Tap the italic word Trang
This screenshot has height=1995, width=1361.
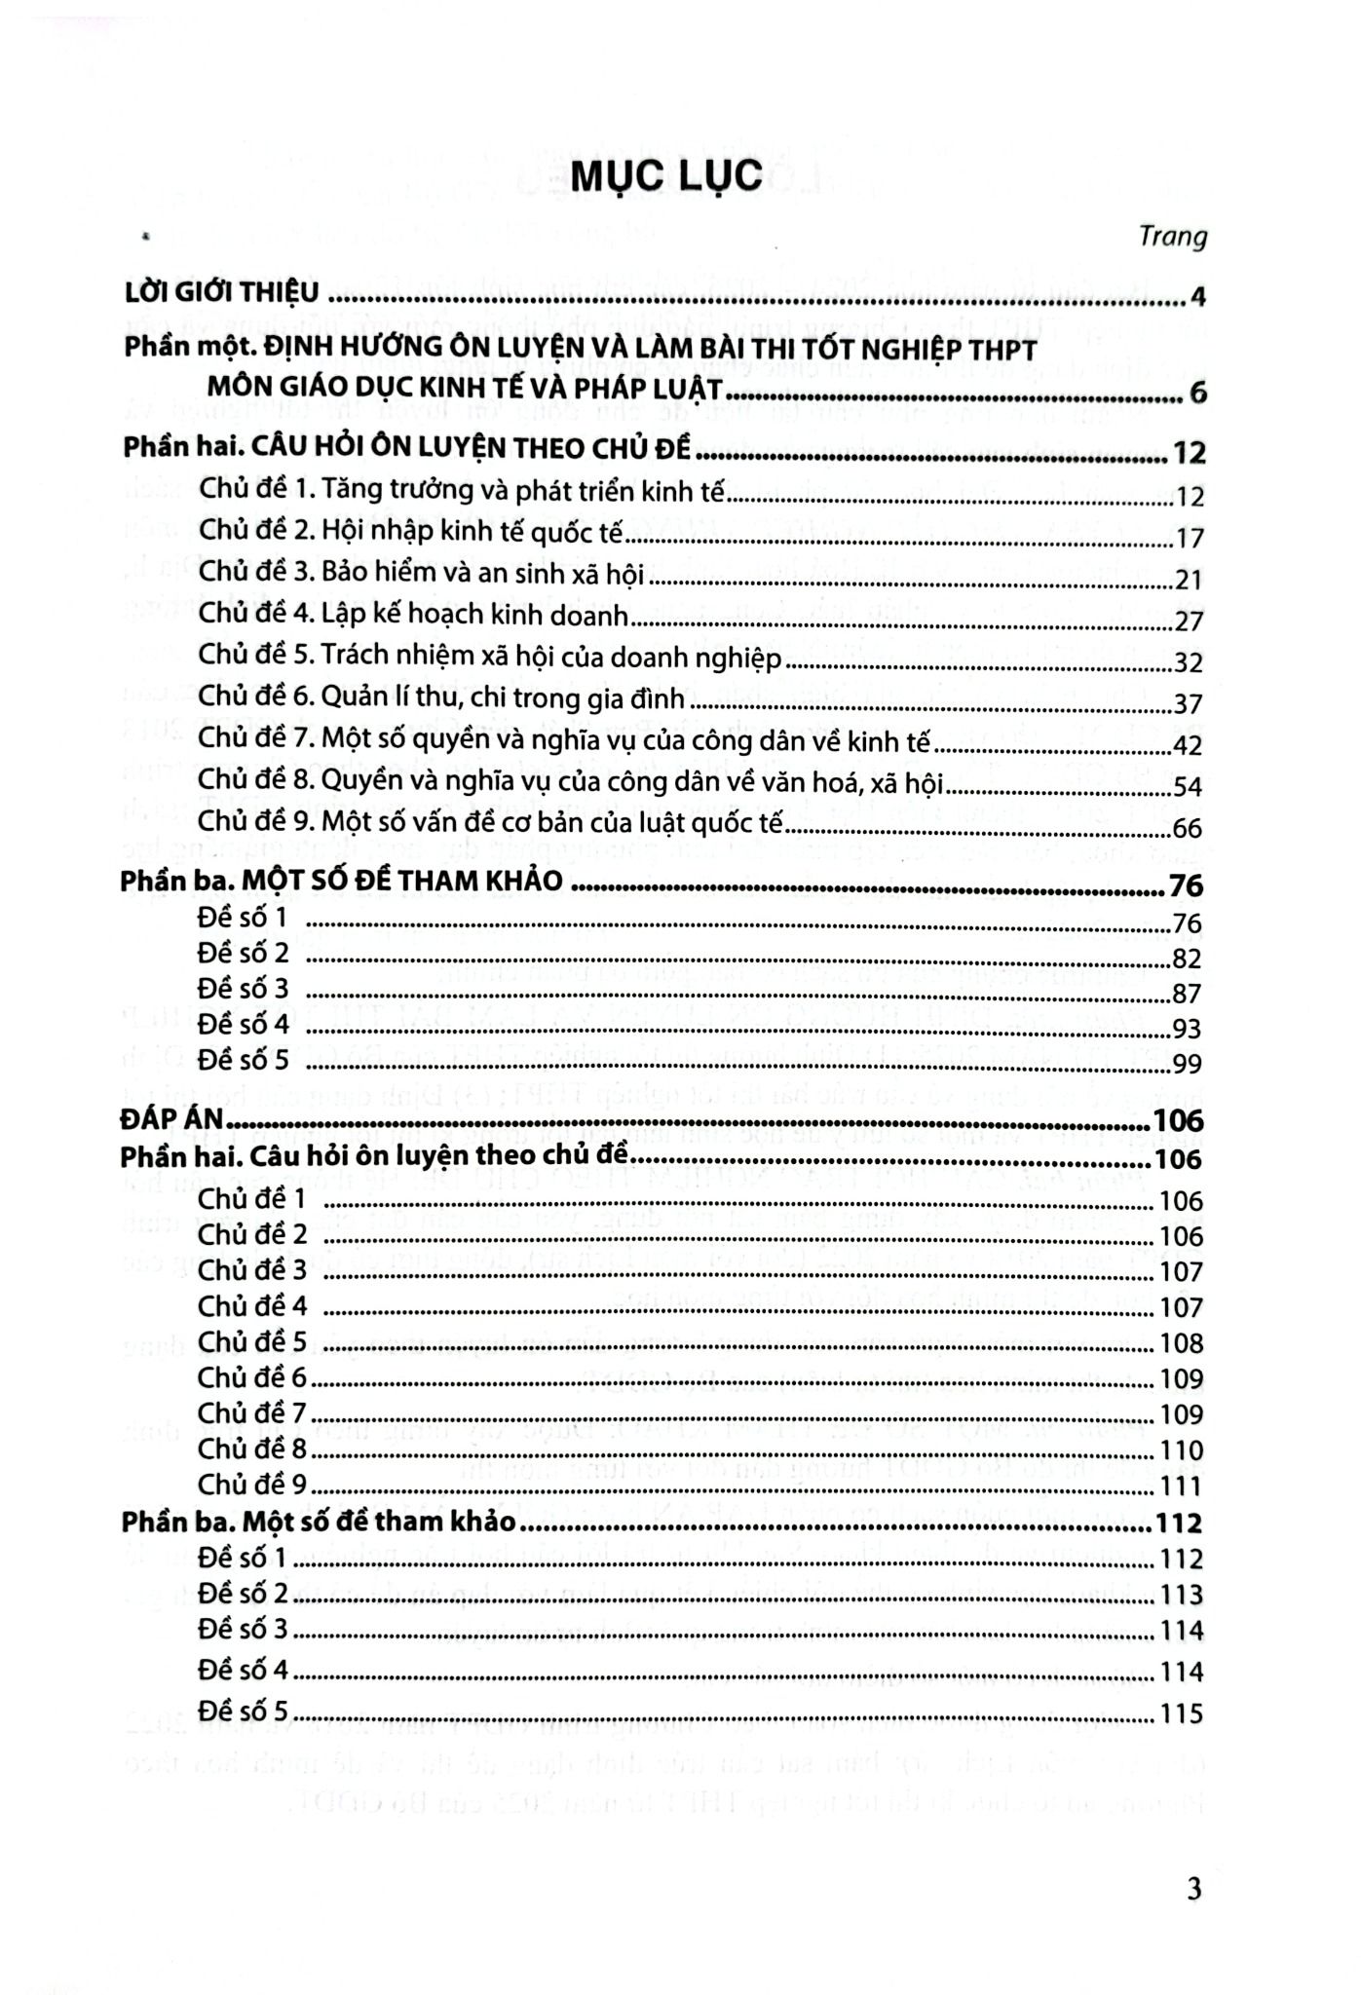click(x=1173, y=237)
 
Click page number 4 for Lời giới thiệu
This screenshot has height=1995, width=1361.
click(x=1197, y=296)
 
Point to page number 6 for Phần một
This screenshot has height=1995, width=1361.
click(x=1197, y=394)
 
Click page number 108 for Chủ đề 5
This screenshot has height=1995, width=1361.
click(x=1181, y=1344)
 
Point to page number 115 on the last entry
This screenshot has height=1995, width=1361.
click(x=1181, y=1713)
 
